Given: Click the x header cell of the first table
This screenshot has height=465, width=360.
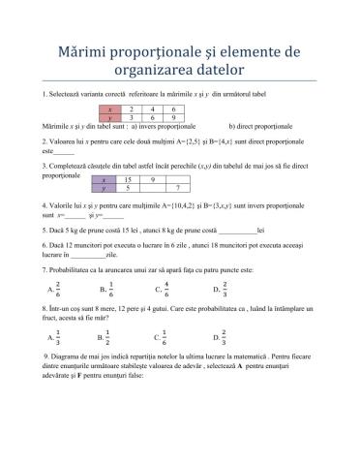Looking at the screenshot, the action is point(115,109).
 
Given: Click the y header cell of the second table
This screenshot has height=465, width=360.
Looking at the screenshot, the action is point(104,190).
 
